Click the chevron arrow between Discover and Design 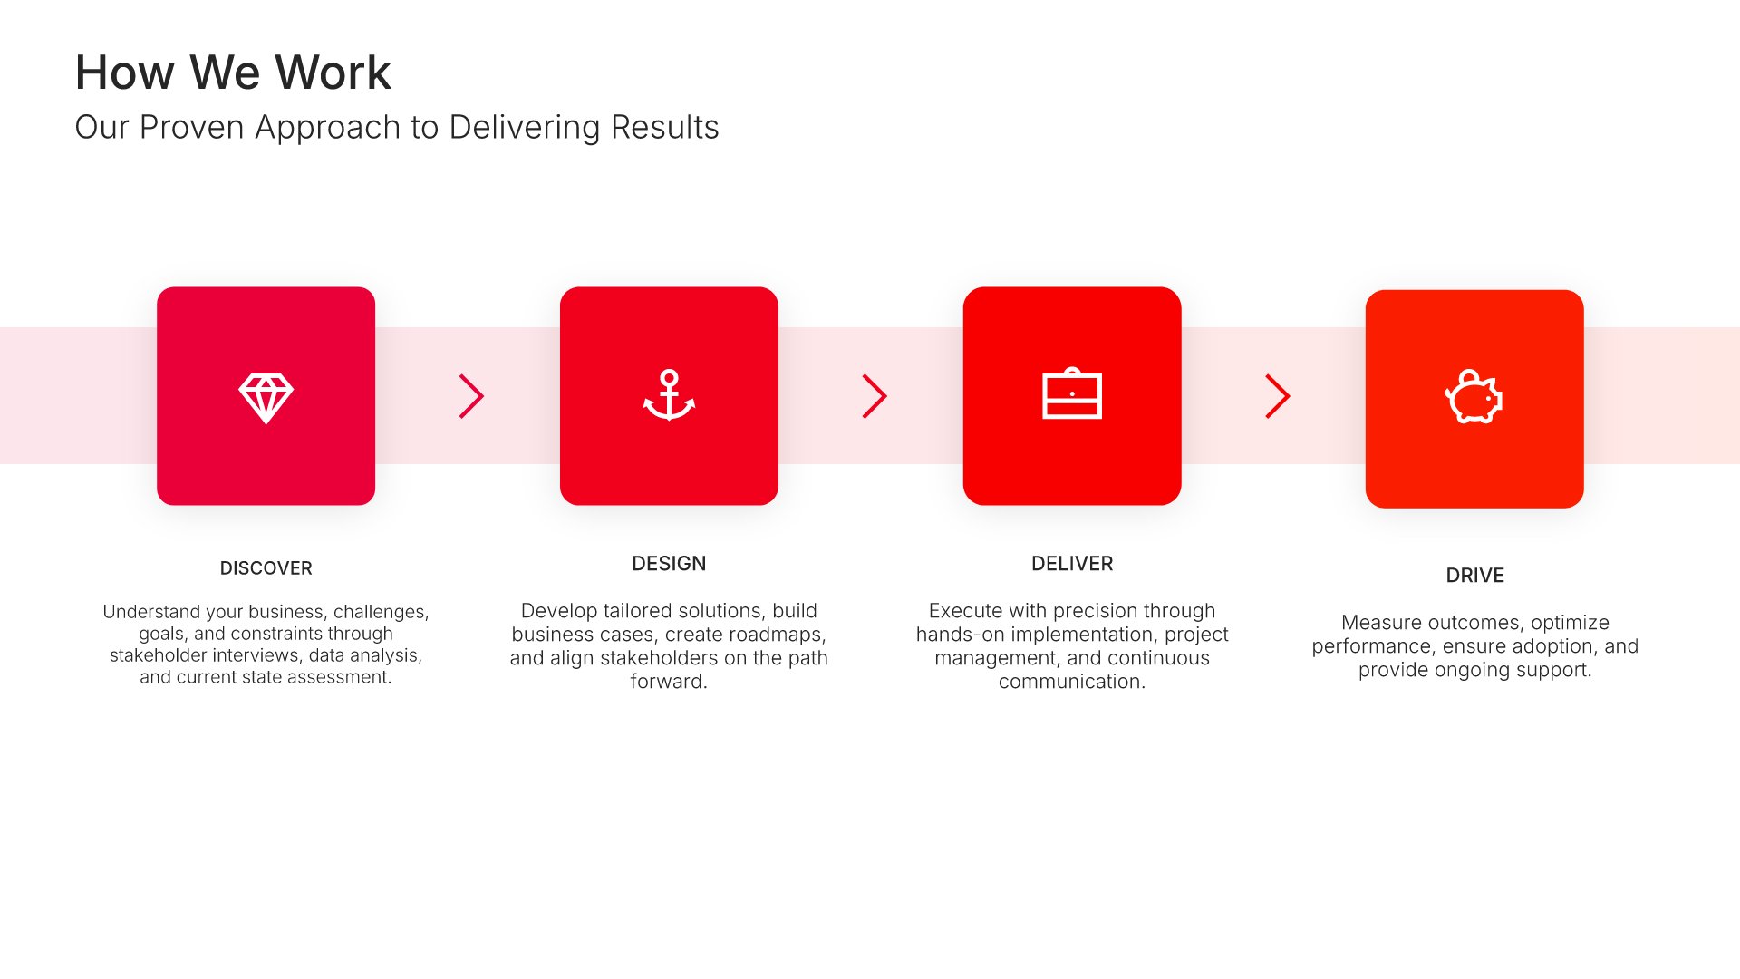[x=472, y=396]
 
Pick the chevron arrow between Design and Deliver [x=875, y=396]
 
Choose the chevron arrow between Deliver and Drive [x=1278, y=396]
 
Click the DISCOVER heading [x=266, y=568]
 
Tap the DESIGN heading [x=669, y=564]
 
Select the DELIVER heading [x=1072, y=564]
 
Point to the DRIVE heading [x=1474, y=576]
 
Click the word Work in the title [x=333, y=73]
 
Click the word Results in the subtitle [x=665, y=128]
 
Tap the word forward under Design [x=669, y=682]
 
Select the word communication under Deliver [x=1072, y=682]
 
